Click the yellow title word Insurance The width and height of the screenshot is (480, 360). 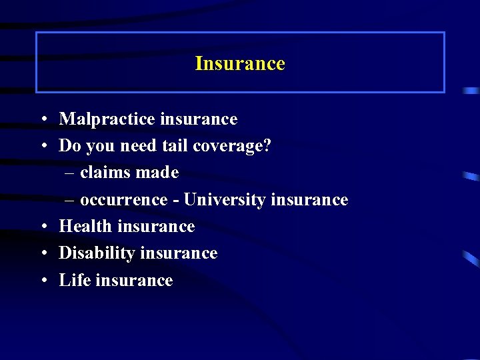(240, 63)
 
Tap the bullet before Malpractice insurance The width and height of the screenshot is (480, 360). (42, 120)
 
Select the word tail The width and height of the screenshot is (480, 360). (174, 146)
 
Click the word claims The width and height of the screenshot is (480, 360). (104, 173)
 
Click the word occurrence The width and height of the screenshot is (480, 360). (123, 200)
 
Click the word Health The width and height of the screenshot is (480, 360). (85, 227)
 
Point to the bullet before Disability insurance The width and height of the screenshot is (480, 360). (42, 254)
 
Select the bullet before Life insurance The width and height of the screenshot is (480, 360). (42, 281)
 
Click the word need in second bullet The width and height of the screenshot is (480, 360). (138, 146)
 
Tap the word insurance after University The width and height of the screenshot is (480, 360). (310, 200)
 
